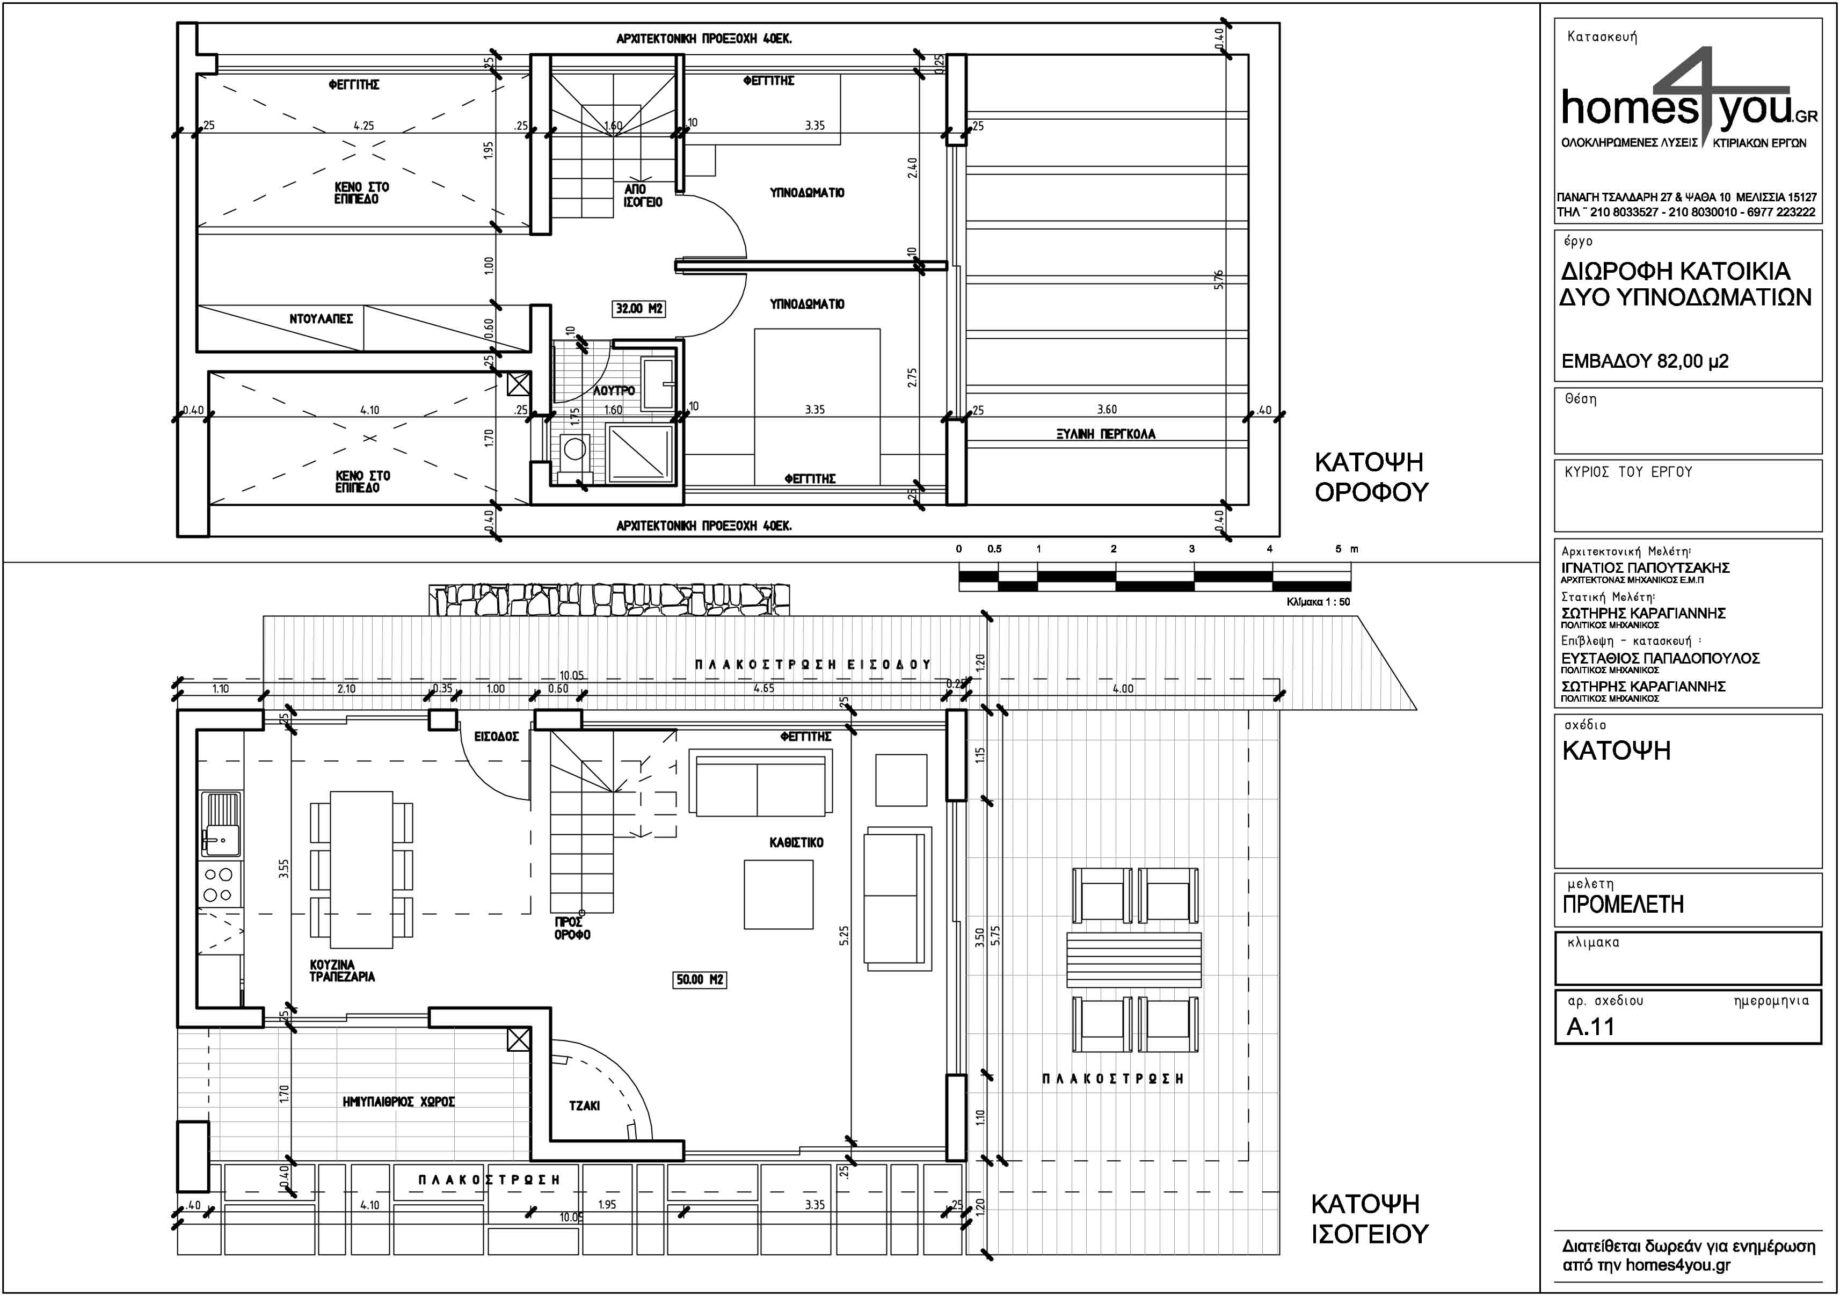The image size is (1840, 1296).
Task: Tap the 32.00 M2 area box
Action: click(x=639, y=309)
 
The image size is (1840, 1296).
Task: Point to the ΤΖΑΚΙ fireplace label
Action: click(x=584, y=1105)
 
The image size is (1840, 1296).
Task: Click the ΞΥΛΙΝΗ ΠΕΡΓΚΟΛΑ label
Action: click(x=1106, y=434)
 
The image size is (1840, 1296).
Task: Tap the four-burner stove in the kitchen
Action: click(x=218, y=884)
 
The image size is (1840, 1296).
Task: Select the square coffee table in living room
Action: click(x=778, y=894)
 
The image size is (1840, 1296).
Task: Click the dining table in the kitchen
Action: click(x=361, y=870)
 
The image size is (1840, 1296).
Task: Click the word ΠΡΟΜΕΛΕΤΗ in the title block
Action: click(x=1623, y=904)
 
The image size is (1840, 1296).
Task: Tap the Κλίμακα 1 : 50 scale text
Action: click(x=1318, y=601)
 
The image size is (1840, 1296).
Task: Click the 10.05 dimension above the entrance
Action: click(x=571, y=676)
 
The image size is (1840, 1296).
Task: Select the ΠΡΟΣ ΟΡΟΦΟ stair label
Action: click(x=572, y=928)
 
